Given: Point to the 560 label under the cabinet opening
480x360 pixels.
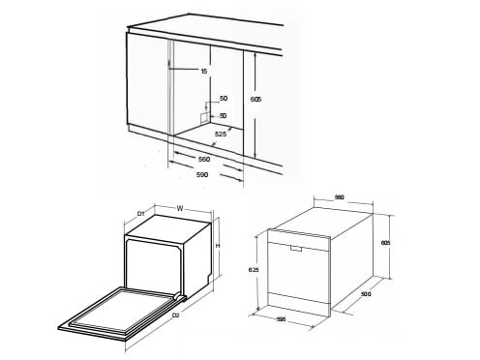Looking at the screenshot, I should coord(204,157).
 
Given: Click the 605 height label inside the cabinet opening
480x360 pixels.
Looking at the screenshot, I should coord(255,100).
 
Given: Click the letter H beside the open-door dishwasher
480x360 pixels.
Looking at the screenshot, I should coord(219,246).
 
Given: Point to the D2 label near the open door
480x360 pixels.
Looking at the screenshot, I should coord(175,315).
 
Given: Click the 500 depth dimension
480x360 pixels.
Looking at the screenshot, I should coord(366,293).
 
